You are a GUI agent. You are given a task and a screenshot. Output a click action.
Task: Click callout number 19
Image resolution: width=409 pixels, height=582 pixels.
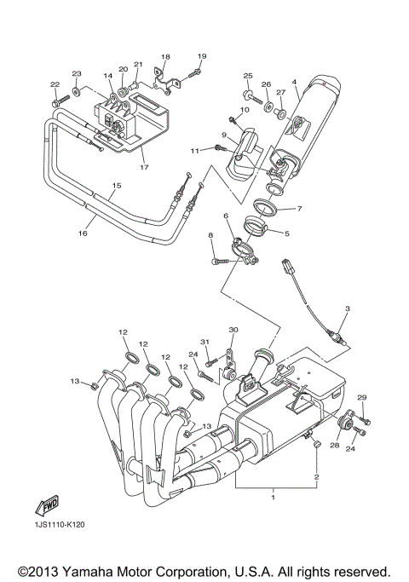(201, 56)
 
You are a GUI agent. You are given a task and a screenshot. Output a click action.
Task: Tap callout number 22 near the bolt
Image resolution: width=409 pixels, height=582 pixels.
(55, 84)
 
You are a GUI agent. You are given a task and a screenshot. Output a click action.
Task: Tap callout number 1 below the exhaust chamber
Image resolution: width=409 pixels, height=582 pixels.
(273, 493)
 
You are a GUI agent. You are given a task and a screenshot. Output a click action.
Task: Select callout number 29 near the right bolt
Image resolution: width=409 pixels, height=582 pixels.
(361, 399)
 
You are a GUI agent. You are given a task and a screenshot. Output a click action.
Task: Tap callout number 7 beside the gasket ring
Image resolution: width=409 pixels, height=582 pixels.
(300, 209)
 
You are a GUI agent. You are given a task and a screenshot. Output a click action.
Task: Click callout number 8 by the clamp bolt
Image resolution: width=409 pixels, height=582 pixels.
(210, 234)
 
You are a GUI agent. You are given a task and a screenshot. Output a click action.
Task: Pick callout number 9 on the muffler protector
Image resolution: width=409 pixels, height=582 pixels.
(224, 135)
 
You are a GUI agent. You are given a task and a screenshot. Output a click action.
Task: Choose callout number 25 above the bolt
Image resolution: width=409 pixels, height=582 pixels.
(248, 76)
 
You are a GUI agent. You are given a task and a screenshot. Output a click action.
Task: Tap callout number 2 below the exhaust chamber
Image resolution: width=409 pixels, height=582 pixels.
(317, 477)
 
